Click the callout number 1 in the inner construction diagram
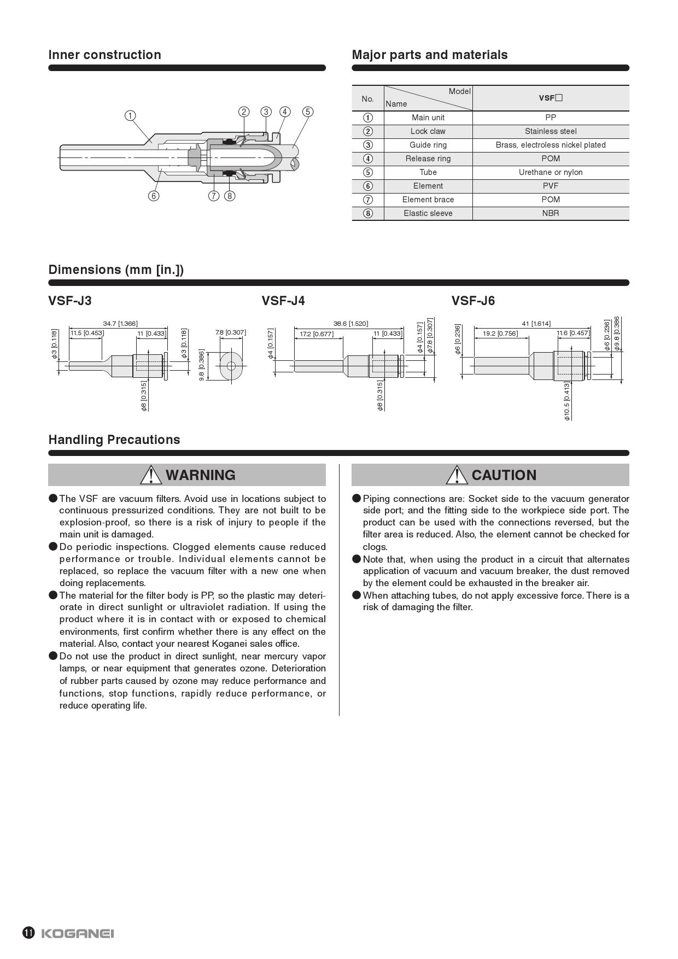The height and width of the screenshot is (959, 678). [130, 115]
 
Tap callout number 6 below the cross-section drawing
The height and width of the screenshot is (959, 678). [154, 196]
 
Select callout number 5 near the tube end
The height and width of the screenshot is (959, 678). [308, 112]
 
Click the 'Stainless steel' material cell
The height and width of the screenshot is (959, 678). [551, 131]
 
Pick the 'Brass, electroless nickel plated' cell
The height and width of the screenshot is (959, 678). [551, 145]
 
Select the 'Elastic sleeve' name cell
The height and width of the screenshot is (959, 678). [428, 213]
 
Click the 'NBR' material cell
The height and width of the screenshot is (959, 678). [551, 213]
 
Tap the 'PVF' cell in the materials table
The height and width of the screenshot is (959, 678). [551, 186]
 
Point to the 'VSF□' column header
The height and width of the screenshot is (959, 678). [551, 98]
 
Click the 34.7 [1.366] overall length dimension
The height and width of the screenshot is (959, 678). [120, 324]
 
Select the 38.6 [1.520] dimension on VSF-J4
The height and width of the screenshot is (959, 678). [350, 324]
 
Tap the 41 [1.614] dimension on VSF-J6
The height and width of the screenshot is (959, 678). [536, 324]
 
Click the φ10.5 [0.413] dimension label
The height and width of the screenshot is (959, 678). [567, 401]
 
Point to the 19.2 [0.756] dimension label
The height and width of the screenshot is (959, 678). [500, 333]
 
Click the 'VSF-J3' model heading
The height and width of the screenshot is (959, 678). [70, 301]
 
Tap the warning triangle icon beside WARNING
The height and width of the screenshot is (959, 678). [151, 475]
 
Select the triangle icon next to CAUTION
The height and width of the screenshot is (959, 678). [457, 475]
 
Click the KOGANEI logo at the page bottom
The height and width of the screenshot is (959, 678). [77, 933]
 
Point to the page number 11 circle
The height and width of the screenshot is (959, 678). [28, 933]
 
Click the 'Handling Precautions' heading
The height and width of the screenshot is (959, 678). [114, 440]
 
